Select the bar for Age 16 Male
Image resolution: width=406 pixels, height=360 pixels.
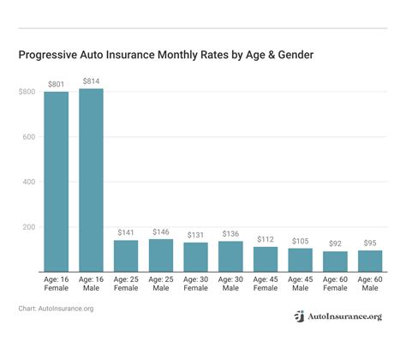coord(91,180)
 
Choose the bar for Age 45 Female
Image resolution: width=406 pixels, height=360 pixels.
coord(266,259)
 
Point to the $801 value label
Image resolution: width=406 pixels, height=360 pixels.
coord(56,84)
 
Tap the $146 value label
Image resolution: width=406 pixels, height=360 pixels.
coord(161,231)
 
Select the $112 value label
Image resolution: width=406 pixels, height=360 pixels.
coord(266,239)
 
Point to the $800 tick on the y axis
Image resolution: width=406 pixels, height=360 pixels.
coord(27,92)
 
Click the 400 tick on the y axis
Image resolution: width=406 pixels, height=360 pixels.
coord(29,182)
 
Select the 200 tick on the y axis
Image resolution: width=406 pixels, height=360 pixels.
coord(29,227)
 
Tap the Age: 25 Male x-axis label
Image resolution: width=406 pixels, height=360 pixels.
coord(161,285)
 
